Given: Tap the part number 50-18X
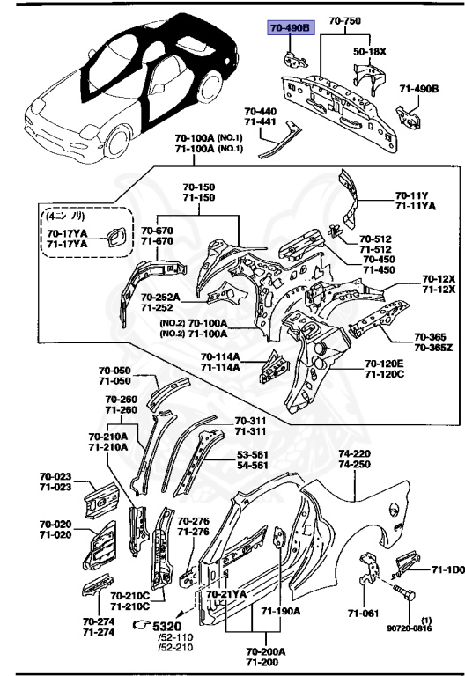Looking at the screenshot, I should (370, 52).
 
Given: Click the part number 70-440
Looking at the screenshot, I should (261, 113).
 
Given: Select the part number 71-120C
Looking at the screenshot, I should (384, 375).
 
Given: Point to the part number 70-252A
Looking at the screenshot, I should (160, 297).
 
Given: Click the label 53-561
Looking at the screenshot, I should (253, 455).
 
